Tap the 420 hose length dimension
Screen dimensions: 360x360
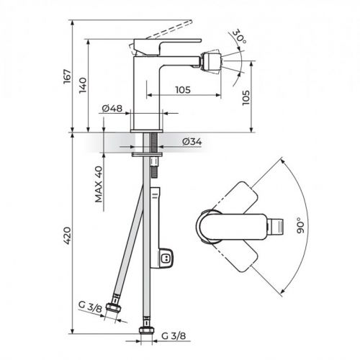[66, 235]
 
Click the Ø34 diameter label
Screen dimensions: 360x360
[192, 141]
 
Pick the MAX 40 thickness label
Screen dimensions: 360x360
[98, 186]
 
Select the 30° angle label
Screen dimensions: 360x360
[240, 36]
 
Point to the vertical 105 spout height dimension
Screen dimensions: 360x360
[266, 96]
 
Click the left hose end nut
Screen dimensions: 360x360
[113, 307]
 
